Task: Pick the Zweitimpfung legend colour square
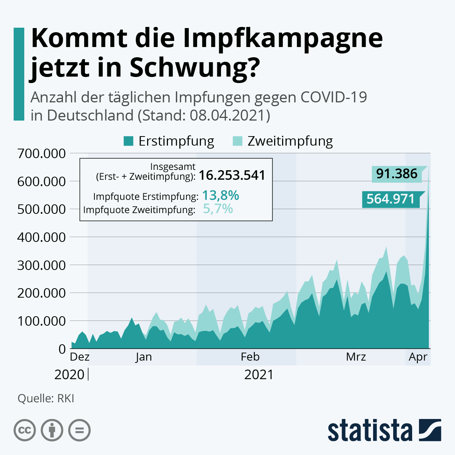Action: click(237, 141)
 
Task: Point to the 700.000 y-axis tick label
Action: click(41, 154)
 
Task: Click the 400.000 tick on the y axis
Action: click(41, 237)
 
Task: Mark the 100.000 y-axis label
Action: click(41, 321)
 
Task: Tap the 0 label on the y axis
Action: click(62, 349)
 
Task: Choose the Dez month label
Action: click(80, 357)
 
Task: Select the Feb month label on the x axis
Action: click(250, 357)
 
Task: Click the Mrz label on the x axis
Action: click(356, 357)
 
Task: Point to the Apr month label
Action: click(418, 357)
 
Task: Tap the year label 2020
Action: click(69, 375)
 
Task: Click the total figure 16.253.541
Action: click(232, 175)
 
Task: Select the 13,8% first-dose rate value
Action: click(220, 195)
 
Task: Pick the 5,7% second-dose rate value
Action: click(218, 209)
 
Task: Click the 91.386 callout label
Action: click(397, 174)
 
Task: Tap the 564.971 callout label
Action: click(391, 199)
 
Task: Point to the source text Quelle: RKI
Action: click(46, 399)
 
